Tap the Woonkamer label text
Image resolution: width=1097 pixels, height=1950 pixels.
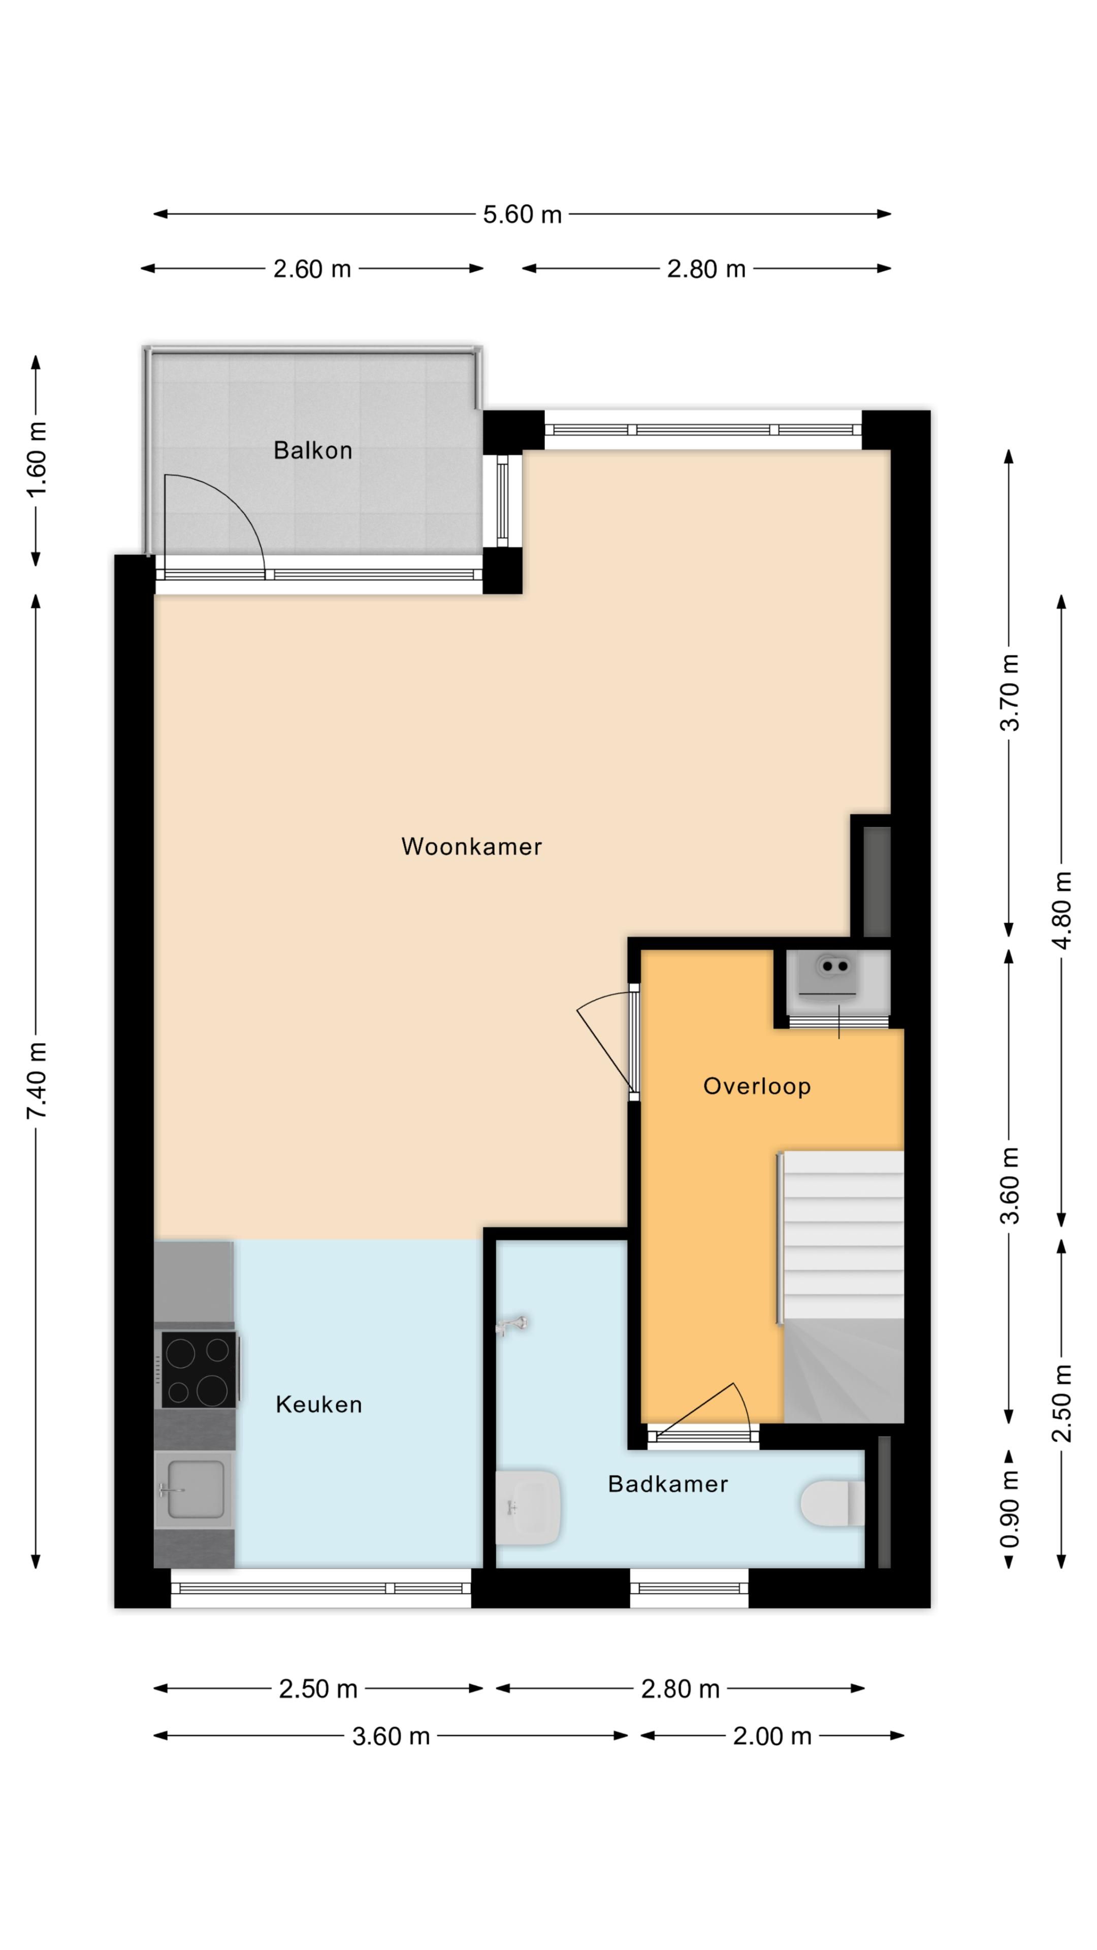point(471,847)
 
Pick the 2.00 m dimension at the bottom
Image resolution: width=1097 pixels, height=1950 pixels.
point(771,1737)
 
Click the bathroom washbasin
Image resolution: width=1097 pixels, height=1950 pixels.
point(528,1506)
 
